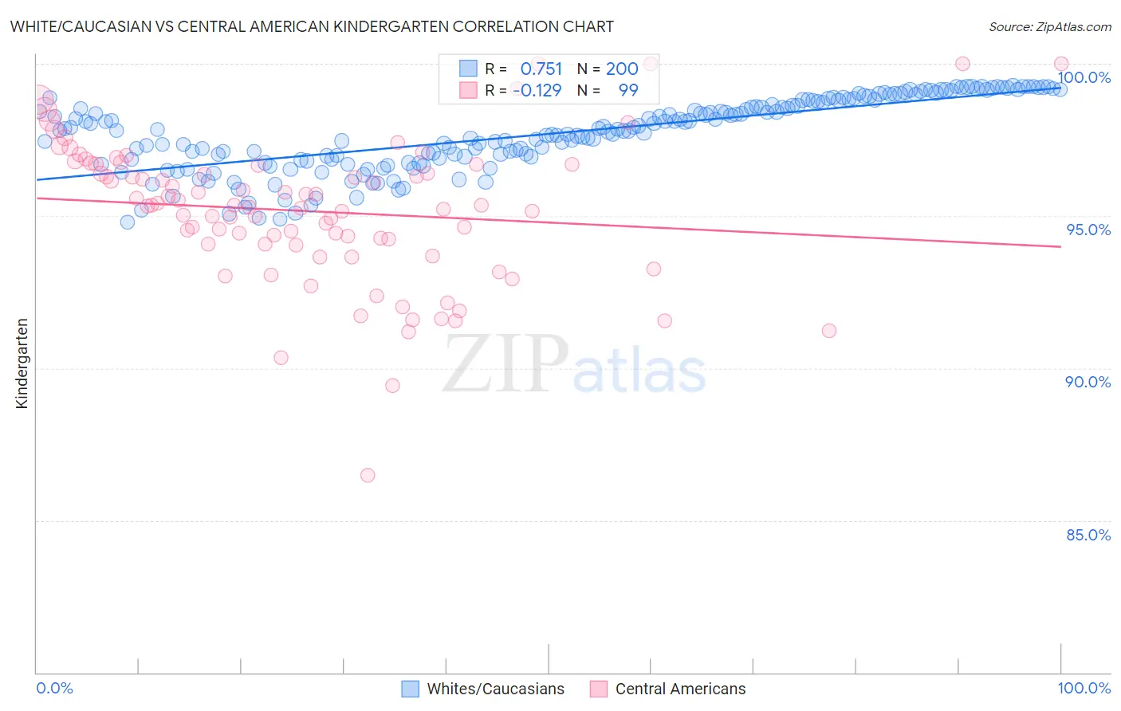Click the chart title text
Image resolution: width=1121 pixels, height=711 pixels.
tap(312, 26)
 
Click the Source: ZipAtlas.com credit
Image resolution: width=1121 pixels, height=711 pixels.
tap(1049, 27)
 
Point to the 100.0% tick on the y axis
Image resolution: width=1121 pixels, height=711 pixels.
tap(1084, 77)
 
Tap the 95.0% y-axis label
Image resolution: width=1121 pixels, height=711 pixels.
tap(1088, 230)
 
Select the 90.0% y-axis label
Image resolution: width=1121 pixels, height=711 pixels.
tap(1088, 382)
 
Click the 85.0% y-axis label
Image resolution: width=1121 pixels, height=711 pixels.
tap(1088, 535)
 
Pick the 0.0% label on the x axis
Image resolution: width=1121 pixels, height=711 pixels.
tap(54, 688)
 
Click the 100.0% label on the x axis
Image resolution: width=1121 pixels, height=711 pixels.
tap(1084, 688)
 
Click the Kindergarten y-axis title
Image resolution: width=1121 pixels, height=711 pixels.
tap(22, 363)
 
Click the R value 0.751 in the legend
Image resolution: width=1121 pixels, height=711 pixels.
tap(541, 69)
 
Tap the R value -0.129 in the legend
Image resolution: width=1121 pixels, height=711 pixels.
tap(537, 90)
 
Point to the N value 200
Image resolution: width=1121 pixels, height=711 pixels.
tap(622, 69)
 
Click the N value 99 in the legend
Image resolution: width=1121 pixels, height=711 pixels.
tap(628, 90)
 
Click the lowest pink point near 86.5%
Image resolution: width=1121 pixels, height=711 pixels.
tap(368, 475)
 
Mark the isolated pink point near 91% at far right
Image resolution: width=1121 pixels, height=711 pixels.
tap(829, 331)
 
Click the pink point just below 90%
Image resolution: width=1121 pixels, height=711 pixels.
tap(392, 386)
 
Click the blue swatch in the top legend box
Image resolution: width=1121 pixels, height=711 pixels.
tap(468, 69)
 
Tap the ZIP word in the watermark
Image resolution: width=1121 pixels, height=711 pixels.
tap(505, 364)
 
